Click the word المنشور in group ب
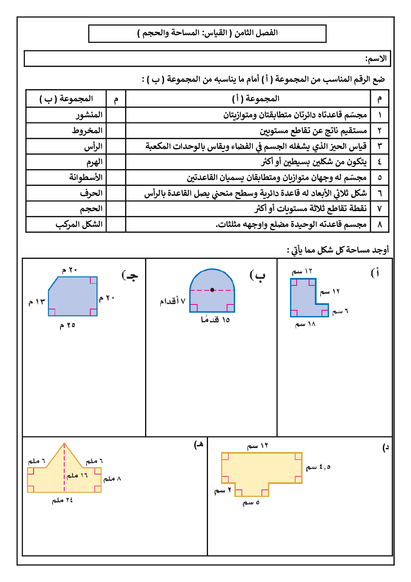coord(89,115)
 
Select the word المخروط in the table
coord(87,131)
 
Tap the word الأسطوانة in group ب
coord(86,178)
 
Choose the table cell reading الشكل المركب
coord(79,224)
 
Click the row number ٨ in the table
coord(380,224)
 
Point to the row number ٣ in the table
coord(380,146)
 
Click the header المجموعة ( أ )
coord(256,99)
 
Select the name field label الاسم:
coord(376,59)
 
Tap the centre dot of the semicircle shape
coord(212,290)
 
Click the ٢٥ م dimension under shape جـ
coord(68,325)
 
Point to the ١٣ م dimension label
coord(36,302)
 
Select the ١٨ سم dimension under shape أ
coord(305,324)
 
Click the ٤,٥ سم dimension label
coord(318,467)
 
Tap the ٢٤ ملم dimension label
coord(62,500)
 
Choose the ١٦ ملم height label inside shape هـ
coord(77,475)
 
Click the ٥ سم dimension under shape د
coord(251,503)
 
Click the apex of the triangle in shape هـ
coord(64,443)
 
